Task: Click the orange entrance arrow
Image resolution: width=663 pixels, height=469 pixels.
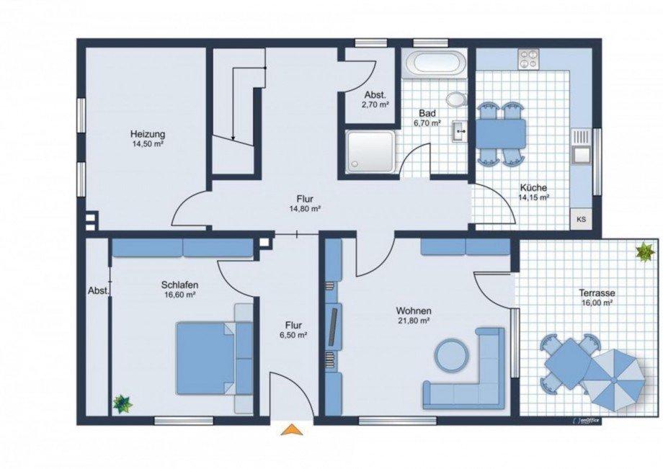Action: tap(292, 429)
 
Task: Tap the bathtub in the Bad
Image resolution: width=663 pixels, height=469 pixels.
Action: tap(435, 63)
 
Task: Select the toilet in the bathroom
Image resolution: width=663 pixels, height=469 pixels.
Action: tap(456, 99)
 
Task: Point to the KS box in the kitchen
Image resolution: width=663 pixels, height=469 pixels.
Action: tap(582, 219)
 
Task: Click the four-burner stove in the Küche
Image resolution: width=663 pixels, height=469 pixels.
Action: tap(529, 59)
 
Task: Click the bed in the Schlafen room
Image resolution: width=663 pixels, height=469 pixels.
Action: tap(214, 358)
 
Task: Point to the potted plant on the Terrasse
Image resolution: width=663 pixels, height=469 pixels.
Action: tap(645, 252)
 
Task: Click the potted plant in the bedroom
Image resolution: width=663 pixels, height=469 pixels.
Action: tap(123, 403)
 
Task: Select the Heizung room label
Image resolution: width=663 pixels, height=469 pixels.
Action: tap(148, 135)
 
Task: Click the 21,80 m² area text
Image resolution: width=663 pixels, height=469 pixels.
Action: tap(414, 321)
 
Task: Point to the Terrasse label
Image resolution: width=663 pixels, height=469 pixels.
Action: tap(597, 292)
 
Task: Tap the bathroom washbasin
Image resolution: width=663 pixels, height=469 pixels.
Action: tap(459, 130)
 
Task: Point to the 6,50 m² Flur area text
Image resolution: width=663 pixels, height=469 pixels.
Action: tap(293, 335)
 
